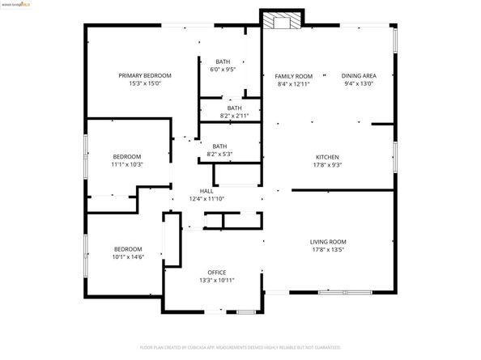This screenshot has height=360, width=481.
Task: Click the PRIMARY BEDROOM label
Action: [x=144, y=75]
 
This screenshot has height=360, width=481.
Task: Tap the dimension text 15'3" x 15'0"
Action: [x=144, y=83]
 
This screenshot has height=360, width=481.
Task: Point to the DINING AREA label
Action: [x=360, y=75]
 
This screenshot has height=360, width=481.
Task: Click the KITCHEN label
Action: [x=327, y=157]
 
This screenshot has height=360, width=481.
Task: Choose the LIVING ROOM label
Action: [x=328, y=242]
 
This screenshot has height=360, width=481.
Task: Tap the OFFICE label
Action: [x=216, y=272]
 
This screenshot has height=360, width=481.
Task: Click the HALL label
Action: [x=206, y=191]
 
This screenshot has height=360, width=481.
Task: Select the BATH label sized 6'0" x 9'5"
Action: [x=222, y=62]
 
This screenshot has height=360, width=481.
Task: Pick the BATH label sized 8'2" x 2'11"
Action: [x=233, y=108]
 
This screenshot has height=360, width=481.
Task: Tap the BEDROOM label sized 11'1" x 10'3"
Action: [x=127, y=156]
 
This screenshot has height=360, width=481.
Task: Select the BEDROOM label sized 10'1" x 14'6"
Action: [x=127, y=248]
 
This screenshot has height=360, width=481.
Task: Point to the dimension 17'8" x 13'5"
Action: [x=328, y=250]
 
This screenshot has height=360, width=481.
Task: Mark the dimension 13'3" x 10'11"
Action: [x=216, y=280]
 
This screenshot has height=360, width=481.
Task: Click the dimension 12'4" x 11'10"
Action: [x=206, y=198]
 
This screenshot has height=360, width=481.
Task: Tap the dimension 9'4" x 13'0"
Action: [x=360, y=83]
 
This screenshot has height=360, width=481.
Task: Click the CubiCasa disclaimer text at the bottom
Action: [x=240, y=346]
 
